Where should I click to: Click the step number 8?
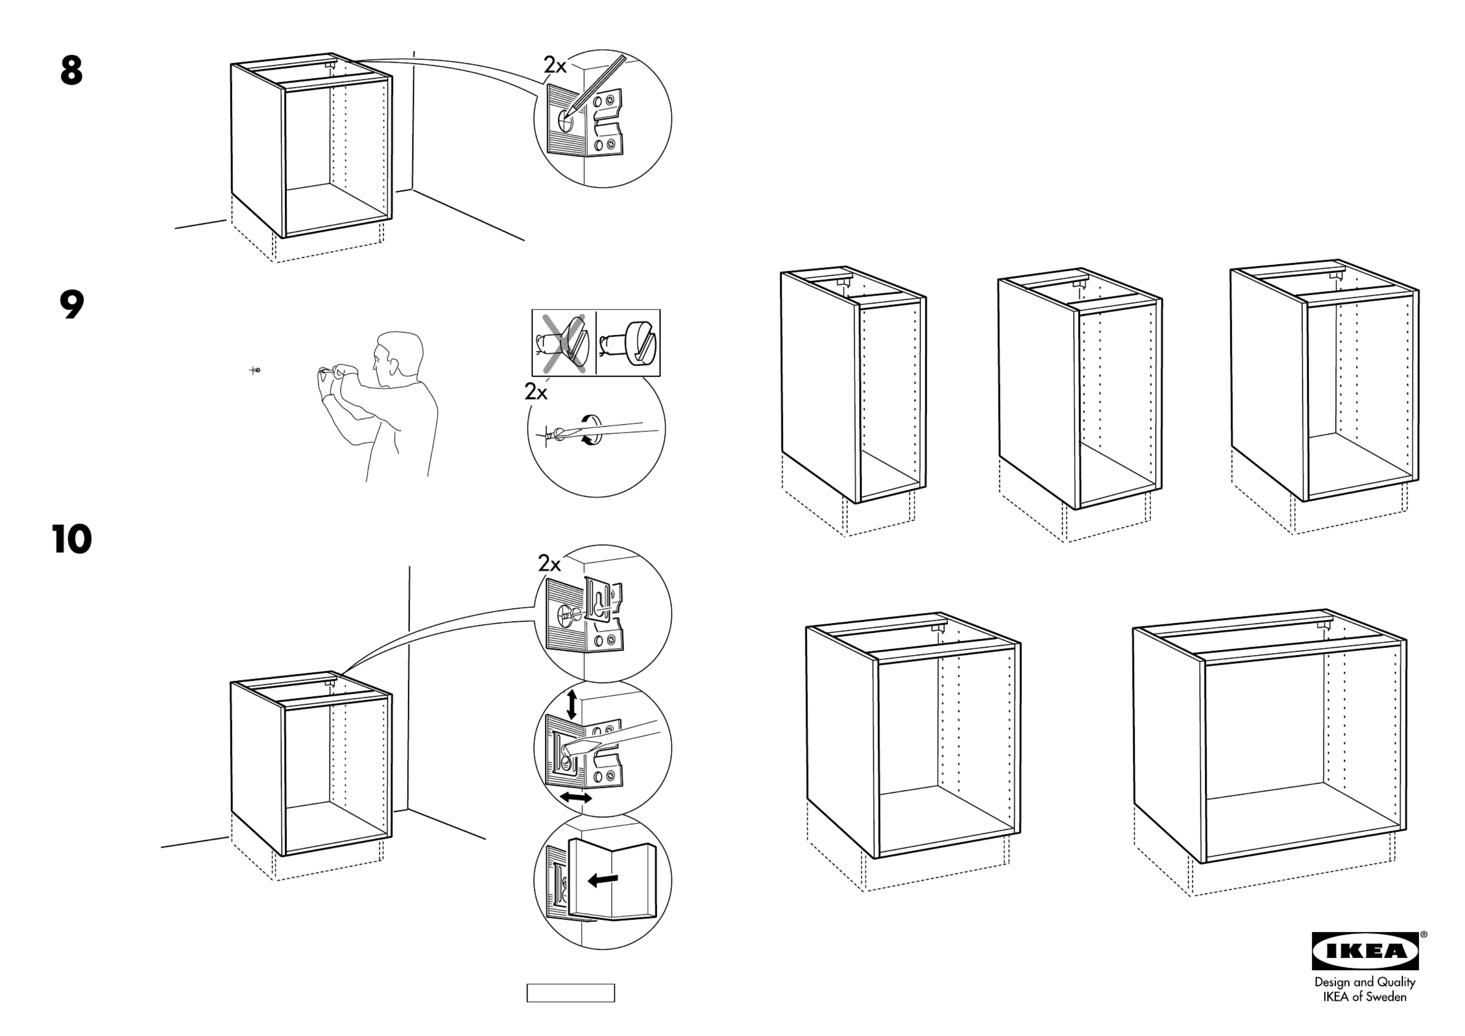(x=71, y=71)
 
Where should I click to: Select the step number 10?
(x=71, y=539)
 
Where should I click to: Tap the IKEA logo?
(x=1365, y=951)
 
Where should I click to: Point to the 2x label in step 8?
(x=554, y=65)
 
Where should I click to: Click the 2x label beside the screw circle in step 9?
(x=536, y=392)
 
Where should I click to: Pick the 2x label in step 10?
(x=549, y=563)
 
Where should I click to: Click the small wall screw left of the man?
(x=255, y=370)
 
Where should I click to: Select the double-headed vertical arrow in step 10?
(x=572, y=703)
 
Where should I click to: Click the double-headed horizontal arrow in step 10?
(x=576, y=798)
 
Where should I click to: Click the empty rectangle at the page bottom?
(x=571, y=993)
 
